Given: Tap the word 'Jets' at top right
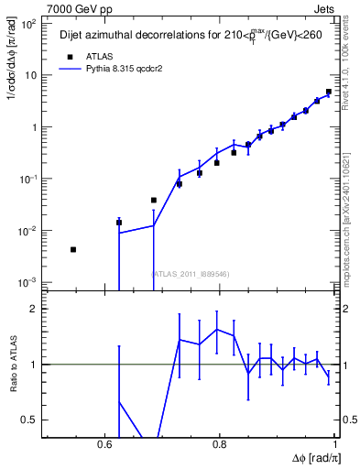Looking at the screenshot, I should pyautogui.click(x=324, y=8).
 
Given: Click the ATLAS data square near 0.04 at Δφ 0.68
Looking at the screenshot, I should pyautogui.click(x=154, y=200).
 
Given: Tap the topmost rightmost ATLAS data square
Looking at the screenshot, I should pyautogui.click(x=329, y=92).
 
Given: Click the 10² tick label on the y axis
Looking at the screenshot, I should pyautogui.click(x=28, y=24).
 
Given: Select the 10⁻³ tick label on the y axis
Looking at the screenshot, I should pyautogui.click(x=28, y=281).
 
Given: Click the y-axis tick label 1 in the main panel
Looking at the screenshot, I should pyautogui.click(x=33, y=127).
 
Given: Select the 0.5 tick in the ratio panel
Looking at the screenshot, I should pyautogui.click(x=30, y=420).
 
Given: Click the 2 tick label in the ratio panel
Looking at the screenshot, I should pyautogui.click(x=34, y=310).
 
